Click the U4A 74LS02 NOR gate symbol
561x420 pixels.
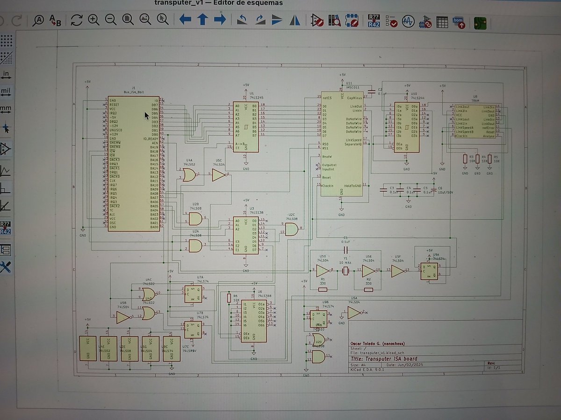pos(189,175)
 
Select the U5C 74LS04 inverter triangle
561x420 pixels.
pos(218,175)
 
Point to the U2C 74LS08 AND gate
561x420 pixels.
pos(291,229)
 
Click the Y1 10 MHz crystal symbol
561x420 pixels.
pos(345,271)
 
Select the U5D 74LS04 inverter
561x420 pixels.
pos(323,271)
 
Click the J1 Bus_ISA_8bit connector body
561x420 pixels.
pos(133,163)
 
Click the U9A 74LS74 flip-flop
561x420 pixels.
pos(429,271)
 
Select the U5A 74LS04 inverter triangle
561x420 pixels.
pos(354,312)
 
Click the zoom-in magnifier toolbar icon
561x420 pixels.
pos(94,20)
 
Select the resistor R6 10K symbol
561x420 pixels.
pos(229,298)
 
